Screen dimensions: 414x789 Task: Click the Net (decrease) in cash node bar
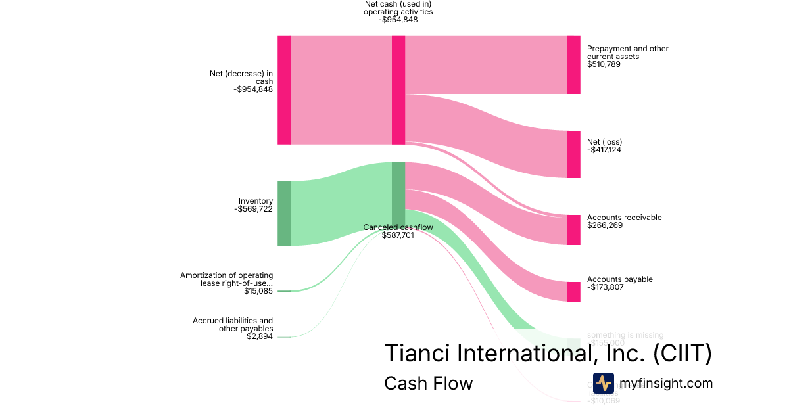pos(284,90)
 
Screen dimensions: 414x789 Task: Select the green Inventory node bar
pos(284,213)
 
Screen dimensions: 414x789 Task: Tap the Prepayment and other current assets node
pos(573,65)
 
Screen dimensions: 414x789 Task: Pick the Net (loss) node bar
pos(573,154)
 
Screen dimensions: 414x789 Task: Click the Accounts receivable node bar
pos(573,230)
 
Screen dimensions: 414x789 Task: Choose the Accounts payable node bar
pos(573,292)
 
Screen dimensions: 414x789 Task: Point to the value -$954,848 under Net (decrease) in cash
pos(253,89)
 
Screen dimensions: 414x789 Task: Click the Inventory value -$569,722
pos(253,209)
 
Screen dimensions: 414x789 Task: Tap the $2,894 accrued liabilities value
pos(260,336)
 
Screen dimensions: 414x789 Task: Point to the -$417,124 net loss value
pos(604,150)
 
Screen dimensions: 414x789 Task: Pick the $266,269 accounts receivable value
pos(604,225)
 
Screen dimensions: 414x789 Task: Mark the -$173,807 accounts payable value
pos(604,287)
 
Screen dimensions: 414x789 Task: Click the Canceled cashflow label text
pos(398,227)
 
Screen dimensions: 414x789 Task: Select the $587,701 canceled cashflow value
pos(398,235)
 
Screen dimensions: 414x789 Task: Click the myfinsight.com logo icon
pos(604,382)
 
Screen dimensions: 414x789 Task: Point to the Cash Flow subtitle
pos(428,383)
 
